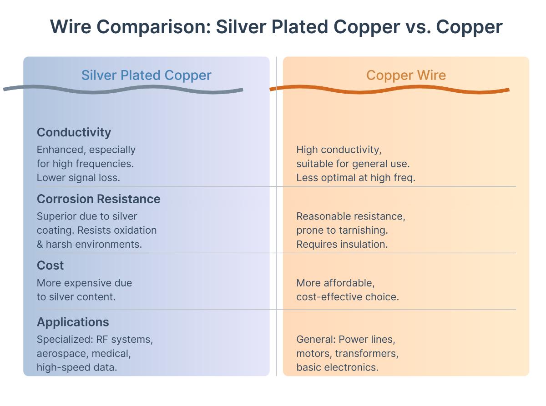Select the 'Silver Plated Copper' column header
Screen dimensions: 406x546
pos(146,75)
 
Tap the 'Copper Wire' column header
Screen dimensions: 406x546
pos(406,75)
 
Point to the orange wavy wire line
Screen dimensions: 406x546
pos(389,90)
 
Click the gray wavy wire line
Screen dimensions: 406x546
pos(123,90)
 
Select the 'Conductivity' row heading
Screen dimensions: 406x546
pos(74,132)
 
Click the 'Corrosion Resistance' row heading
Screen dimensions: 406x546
pos(98,199)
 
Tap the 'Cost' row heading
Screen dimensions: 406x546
pos(50,266)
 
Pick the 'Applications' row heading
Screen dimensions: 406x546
pos(73,322)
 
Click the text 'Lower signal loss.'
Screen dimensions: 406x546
pos(78,178)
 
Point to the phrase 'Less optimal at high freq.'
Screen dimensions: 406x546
pos(356,178)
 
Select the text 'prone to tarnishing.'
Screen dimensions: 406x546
pos(342,231)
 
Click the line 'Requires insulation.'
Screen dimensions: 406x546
pos(342,244)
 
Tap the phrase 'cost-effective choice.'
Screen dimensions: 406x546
pos(348,297)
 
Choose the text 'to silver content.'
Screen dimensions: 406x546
pos(76,297)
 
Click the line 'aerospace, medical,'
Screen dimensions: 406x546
pos(84,353)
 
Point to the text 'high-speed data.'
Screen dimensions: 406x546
pos(77,367)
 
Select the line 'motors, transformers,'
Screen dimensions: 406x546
pos(347,353)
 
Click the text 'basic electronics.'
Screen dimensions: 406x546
pos(337,367)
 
